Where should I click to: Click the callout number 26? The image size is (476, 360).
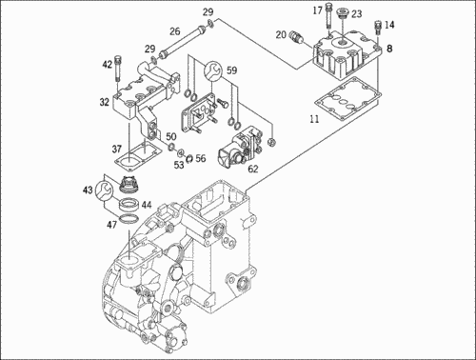coord(174,31)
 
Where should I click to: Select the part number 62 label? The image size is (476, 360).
coord(253,169)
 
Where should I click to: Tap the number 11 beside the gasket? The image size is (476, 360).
coord(314,119)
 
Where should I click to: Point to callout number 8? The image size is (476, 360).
coord(389,49)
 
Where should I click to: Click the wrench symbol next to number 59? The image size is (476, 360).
coord(212,70)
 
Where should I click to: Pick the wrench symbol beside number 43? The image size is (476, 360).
coord(104,190)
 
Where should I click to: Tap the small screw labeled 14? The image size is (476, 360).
coord(378,28)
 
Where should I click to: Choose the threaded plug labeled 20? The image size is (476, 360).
coord(296,36)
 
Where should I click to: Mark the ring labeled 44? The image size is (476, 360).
coord(129,204)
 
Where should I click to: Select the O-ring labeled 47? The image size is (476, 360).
coord(129,218)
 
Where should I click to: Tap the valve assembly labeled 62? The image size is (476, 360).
coord(242,146)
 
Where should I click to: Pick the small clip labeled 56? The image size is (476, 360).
coord(189,158)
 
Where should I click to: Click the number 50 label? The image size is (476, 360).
coord(171,137)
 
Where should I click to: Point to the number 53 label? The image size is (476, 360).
coord(179,165)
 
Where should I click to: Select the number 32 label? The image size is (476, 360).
coord(104,102)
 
